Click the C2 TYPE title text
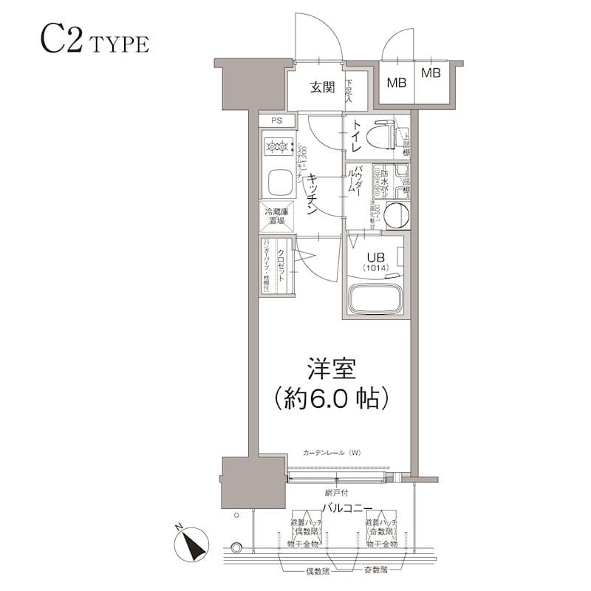tap(94, 42)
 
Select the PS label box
tap(276, 120)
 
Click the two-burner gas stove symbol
tap(277, 147)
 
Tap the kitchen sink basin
tap(278, 182)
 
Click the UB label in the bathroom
tap(375, 256)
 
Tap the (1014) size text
tap(375, 267)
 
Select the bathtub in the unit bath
tap(375, 301)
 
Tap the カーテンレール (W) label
tap(330, 452)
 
